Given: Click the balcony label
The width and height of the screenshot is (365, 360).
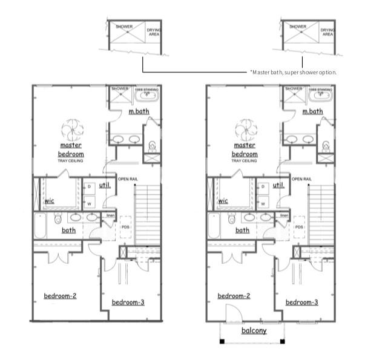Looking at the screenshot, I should click(x=254, y=331).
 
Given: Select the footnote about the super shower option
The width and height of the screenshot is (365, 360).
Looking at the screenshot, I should click(x=293, y=72).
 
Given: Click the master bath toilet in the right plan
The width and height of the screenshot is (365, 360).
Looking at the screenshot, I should click(x=326, y=145).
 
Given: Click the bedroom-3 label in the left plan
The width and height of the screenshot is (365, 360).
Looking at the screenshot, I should click(x=128, y=302).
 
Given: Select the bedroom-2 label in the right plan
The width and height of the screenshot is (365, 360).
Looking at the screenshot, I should click(x=234, y=296).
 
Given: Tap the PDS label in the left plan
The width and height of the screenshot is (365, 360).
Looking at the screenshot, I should click(x=125, y=227).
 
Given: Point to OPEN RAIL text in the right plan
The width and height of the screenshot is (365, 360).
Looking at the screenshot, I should click(x=303, y=179).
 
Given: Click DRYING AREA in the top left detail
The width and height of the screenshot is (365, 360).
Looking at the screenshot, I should click(x=154, y=31).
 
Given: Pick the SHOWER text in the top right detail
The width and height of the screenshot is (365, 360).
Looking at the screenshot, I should click(x=297, y=27).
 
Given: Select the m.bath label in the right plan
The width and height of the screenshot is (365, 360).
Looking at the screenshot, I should click(x=312, y=111).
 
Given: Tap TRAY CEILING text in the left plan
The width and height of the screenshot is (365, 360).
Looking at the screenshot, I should click(x=71, y=160).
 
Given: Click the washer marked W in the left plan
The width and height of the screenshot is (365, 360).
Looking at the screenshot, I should click(x=89, y=203).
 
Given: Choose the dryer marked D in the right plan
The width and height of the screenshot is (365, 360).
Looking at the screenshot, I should click(x=263, y=187).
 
